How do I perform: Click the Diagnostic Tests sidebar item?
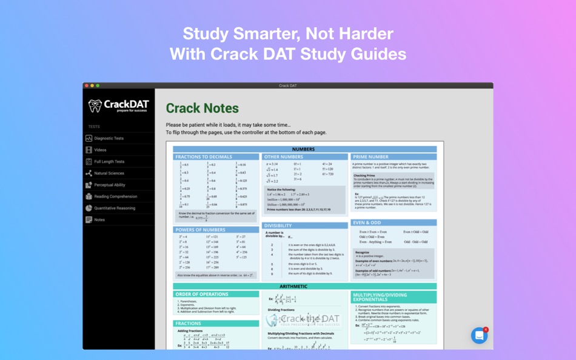[x=109, y=138]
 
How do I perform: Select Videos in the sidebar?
[x=100, y=150]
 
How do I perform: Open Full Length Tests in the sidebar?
[x=109, y=162]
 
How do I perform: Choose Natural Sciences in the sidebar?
[x=109, y=173]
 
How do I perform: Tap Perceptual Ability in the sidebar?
[x=110, y=185]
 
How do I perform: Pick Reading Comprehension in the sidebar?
[x=115, y=196]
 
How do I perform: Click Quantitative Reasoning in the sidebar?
[x=115, y=208]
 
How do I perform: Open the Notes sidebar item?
[x=99, y=220]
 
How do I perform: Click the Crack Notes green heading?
[x=203, y=108]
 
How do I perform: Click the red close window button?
[x=87, y=85]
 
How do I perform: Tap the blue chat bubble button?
[x=480, y=335]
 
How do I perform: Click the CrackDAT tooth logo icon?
[x=95, y=106]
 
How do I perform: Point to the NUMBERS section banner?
[x=304, y=149]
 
